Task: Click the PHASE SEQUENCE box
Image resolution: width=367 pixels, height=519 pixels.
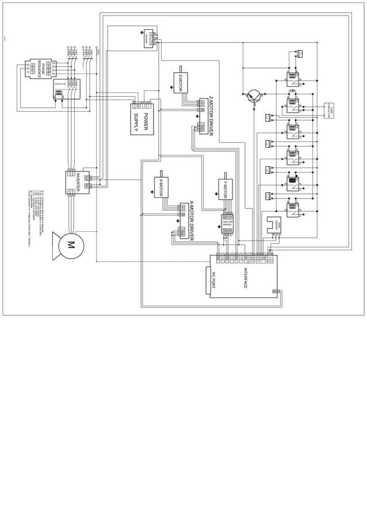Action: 39,68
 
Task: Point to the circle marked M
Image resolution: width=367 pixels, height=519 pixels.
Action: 71,245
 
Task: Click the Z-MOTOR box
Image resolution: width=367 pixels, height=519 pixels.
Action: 180,82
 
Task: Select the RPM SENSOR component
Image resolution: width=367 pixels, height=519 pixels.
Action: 274,225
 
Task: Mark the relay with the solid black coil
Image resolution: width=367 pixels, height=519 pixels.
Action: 292,184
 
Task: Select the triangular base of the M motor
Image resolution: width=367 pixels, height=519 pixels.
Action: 56,245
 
